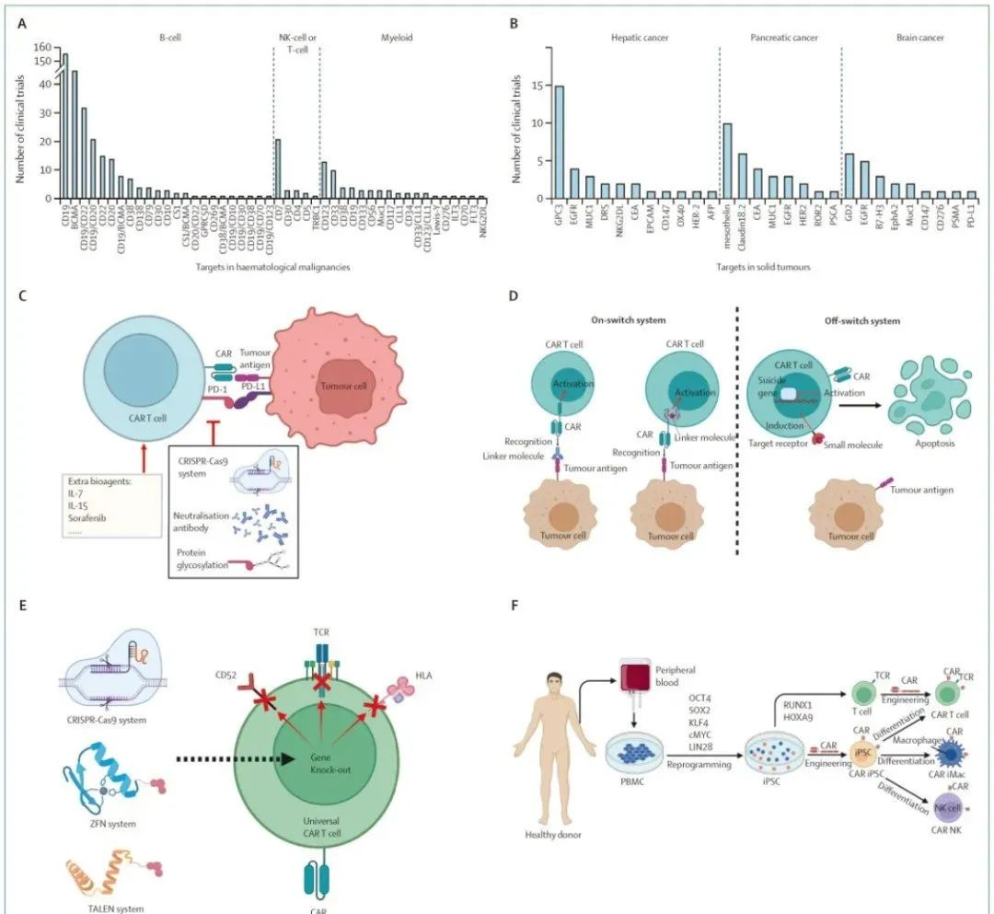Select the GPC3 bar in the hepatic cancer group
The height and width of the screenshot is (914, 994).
point(559,142)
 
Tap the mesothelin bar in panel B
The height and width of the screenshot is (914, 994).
point(726,160)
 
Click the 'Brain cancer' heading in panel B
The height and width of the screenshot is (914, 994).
point(919,38)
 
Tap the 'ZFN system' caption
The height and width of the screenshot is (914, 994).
point(103,824)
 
